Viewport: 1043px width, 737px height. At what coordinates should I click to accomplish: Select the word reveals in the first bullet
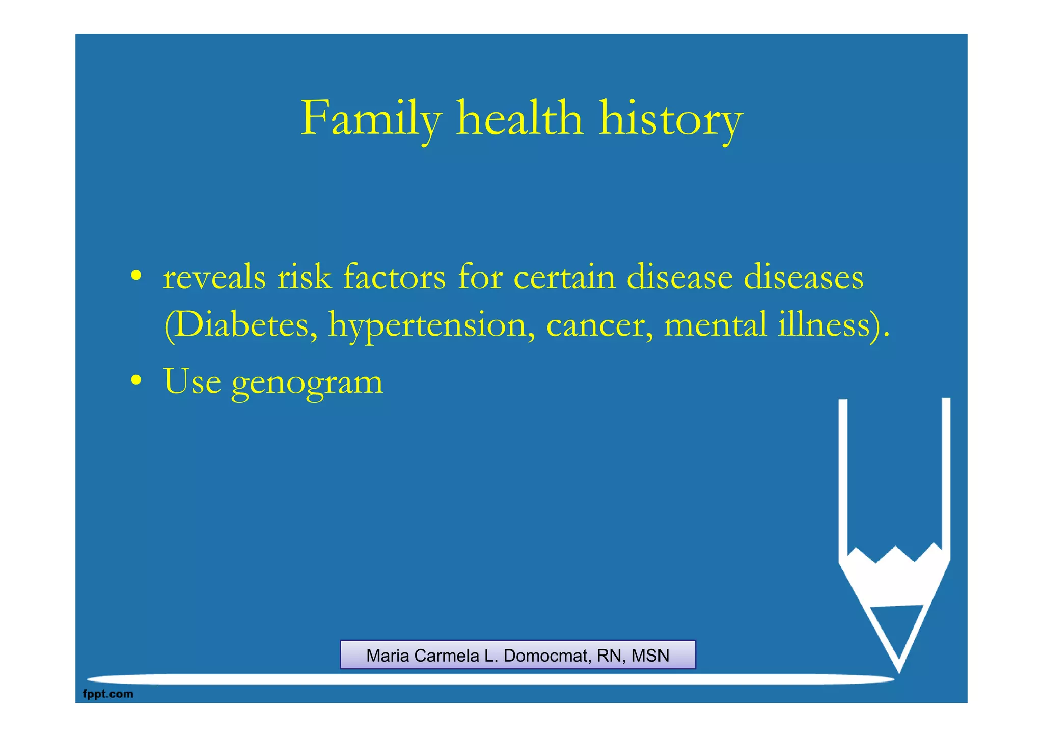coord(214,278)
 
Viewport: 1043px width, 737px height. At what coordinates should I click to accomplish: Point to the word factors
coord(394,278)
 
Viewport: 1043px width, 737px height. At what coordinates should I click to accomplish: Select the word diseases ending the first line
coord(803,278)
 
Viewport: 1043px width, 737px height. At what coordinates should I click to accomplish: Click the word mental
coord(715,325)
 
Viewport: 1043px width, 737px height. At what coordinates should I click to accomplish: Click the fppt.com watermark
coord(107,694)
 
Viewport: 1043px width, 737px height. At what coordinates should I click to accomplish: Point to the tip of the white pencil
coord(898,670)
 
